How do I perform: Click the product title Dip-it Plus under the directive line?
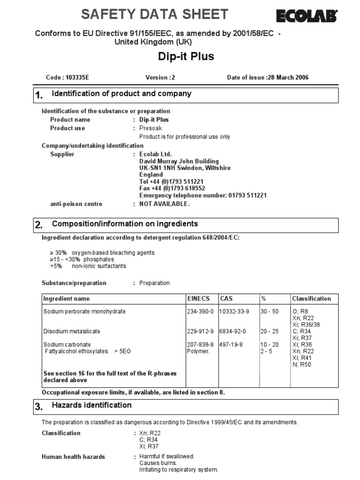[x=186, y=56]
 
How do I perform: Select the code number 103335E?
[x=76, y=77]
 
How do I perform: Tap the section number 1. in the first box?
[x=39, y=96]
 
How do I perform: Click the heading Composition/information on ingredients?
[x=125, y=224]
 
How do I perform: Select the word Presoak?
[x=151, y=128]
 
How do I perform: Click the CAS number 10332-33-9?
[x=234, y=311]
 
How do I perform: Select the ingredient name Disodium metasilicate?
[x=72, y=331]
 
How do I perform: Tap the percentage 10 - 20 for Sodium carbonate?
[x=270, y=345]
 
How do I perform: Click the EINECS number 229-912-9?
[x=200, y=331]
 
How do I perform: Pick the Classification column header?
[x=311, y=299]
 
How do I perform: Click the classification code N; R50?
[x=301, y=364]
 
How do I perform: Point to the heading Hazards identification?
[x=91, y=405]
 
